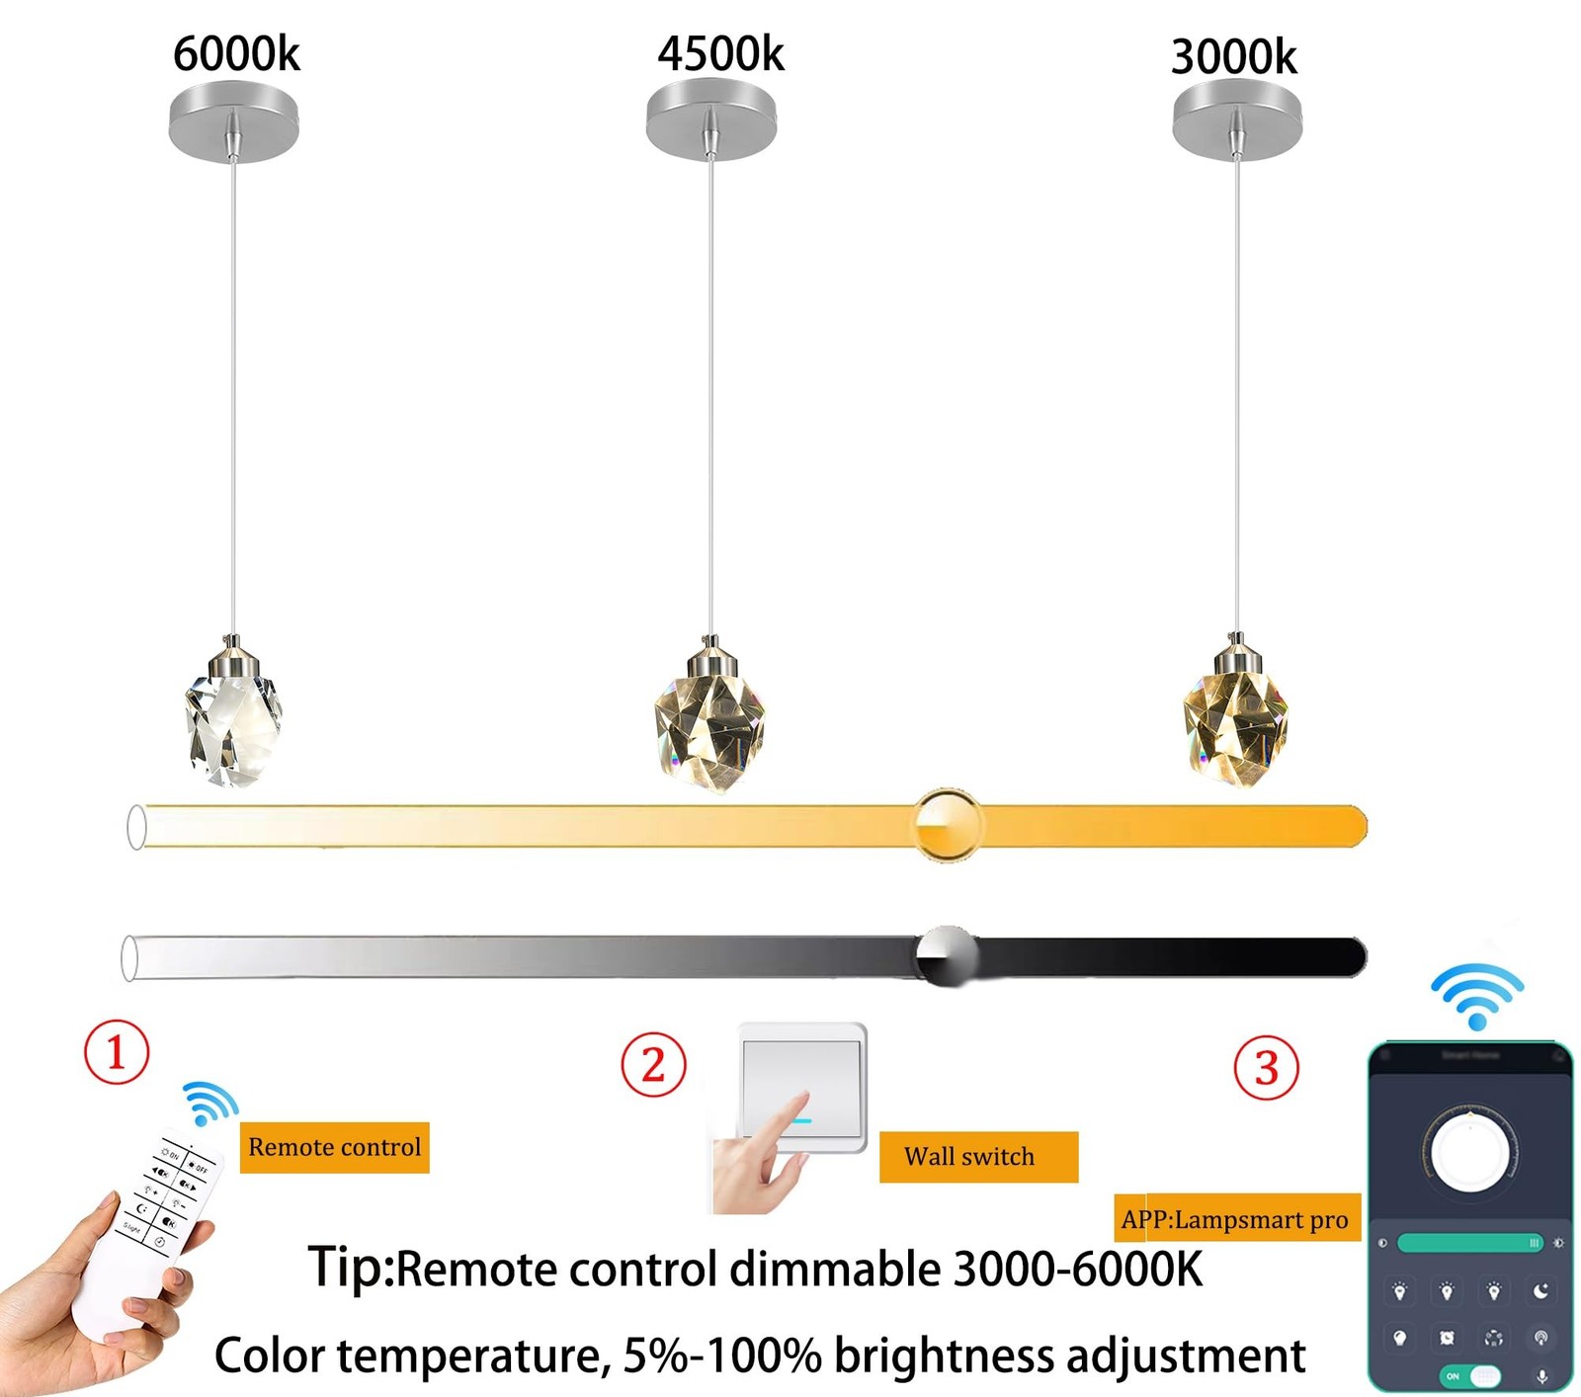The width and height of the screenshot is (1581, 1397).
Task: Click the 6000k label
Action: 236,53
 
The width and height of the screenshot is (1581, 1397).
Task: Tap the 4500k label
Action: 720,53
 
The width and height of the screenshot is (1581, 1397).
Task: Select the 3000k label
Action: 1233,57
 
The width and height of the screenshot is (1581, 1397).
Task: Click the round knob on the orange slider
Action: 948,825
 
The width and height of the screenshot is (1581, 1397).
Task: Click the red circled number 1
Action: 117,1052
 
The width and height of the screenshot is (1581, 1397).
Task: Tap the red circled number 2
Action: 653,1065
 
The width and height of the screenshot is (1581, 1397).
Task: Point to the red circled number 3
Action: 1266,1067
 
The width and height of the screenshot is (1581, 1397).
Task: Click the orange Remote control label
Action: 334,1147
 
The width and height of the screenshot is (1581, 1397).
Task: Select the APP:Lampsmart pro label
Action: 1235,1219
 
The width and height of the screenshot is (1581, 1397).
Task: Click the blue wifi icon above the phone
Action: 1477,996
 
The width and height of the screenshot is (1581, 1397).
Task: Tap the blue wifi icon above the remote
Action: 209,1103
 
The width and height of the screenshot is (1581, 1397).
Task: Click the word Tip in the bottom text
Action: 349,1267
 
